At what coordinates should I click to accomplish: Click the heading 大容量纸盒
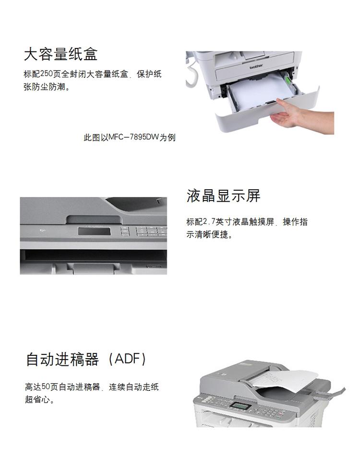click(60, 54)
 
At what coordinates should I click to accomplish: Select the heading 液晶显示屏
click(223, 196)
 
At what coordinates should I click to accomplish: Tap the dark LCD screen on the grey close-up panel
click(94, 231)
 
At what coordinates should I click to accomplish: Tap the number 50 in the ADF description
click(46, 387)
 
